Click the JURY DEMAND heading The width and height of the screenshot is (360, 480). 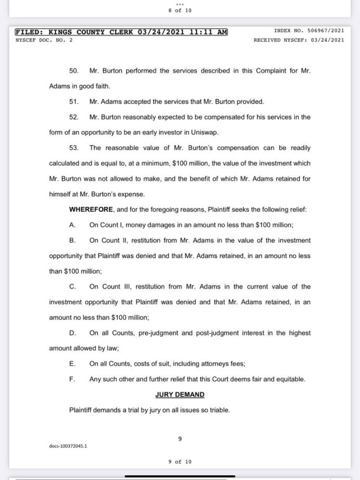180,395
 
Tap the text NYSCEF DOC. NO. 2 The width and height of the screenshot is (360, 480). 44,40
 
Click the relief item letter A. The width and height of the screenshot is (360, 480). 72,225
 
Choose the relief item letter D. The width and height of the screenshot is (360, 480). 72,333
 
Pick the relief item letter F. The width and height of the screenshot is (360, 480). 72,379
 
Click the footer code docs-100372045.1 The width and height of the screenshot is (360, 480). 68,446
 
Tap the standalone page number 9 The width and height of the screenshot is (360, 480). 180,439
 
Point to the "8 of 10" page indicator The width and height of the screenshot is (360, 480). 180,10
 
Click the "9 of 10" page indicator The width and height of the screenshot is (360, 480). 180,462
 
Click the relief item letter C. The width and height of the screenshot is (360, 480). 72,286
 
